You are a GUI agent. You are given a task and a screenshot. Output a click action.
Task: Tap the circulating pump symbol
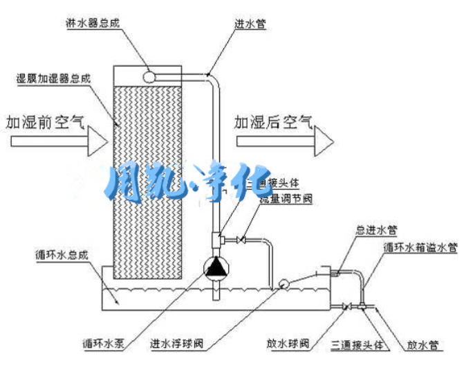216,267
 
